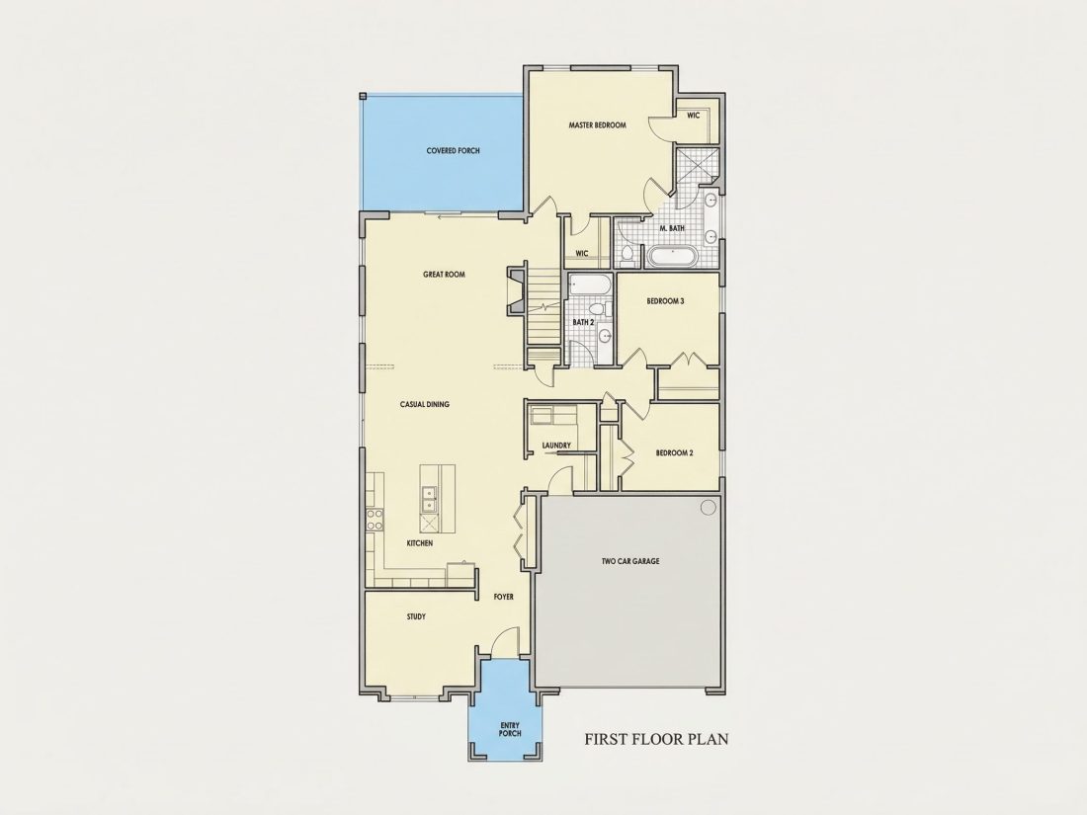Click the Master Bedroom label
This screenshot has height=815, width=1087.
point(597,125)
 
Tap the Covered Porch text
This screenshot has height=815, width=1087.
point(453,150)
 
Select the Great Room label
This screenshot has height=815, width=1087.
point(444,275)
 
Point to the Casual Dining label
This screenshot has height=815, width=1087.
point(424,404)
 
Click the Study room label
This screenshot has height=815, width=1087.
point(416,616)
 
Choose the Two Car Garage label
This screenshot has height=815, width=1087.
point(630,561)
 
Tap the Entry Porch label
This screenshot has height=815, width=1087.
point(510,729)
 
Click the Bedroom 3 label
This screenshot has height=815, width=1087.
point(665,301)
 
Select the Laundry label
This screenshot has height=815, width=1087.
point(556,446)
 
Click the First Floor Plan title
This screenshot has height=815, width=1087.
point(656,739)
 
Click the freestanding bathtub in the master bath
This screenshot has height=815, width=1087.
point(672,257)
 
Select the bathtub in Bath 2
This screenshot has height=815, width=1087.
point(589,284)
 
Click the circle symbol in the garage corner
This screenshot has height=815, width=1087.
point(708,508)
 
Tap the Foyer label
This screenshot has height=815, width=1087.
point(503,597)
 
